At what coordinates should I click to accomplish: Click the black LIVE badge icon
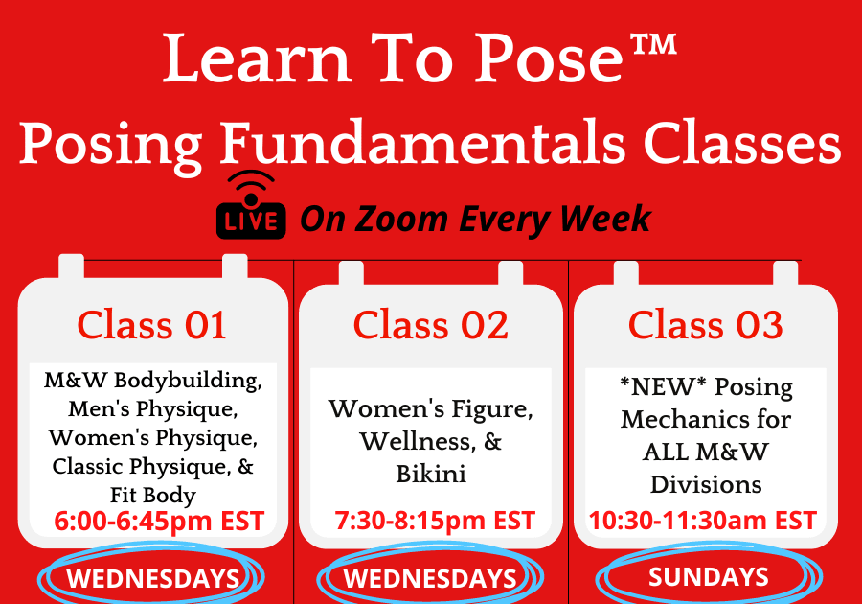(251, 206)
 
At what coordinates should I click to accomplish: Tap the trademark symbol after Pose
(653, 45)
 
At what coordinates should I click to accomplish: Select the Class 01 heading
(151, 325)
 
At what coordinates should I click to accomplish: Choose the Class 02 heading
(430, 325)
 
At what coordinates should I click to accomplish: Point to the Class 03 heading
(705, 325)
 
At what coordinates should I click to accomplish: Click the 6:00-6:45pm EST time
(159, 521)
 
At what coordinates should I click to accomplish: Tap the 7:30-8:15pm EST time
(435, 521)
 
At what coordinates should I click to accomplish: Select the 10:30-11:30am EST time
(703, 521)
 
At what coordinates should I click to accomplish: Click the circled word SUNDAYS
(709, 576)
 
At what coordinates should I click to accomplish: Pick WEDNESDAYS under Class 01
(153, 579)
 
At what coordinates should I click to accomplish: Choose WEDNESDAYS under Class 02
(430, 579)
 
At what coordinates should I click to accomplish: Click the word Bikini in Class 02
(431, 474)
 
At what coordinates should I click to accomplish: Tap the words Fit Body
(153, 495)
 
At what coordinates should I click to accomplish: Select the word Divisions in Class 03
(706, 484)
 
